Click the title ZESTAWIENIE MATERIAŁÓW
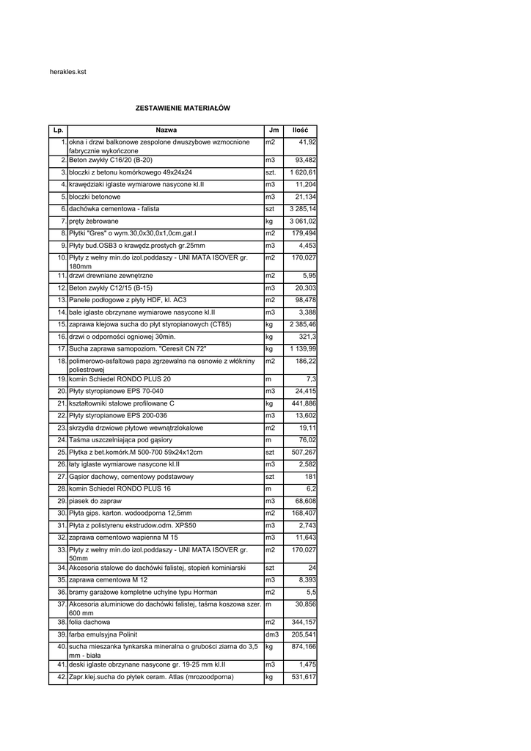coord(183,108)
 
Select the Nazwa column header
coord(166,130)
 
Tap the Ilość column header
coord(300,130)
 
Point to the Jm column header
coord(274,130)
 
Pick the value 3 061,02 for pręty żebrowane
coord(302,221)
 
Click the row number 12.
coord(62,287)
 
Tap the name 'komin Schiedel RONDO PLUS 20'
coord(120,378)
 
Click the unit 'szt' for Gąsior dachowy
coord(270,476)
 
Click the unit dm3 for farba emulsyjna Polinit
coord(272,634)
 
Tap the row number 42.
coord(62,676)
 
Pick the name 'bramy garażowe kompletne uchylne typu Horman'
coord(143,591)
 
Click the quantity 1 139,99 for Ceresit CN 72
coord(302,348)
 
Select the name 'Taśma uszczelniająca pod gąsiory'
coord(121,439)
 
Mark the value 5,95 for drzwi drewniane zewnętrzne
coord(309,275)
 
